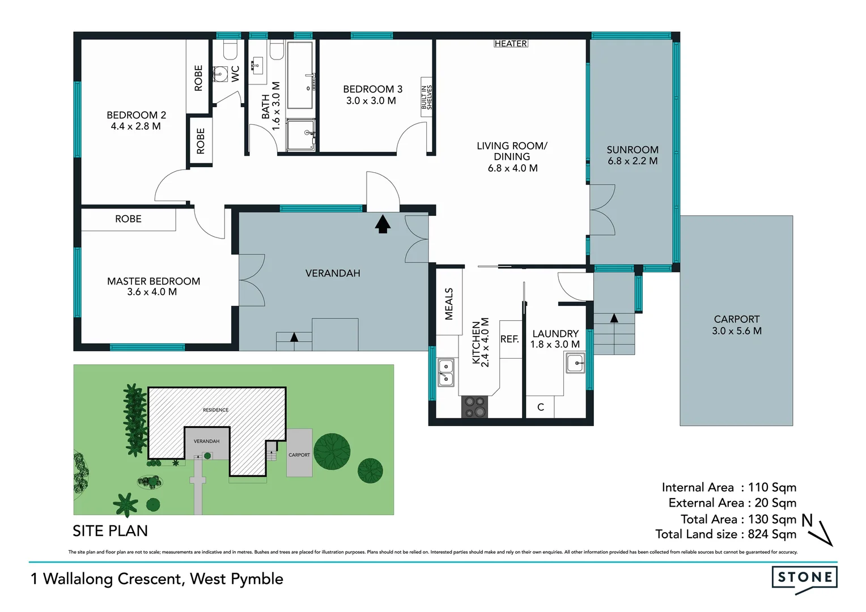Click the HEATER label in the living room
click(511, 44)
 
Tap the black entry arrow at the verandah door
click(383, 224)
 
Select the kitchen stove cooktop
click(475, 407)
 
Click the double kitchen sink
click(445, 372)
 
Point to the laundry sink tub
click(575, 363)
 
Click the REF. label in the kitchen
click(510, 339)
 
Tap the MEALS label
click(449, 304)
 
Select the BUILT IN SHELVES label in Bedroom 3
click(426, 97)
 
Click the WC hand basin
click(220, 73)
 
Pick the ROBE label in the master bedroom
click(128, 219)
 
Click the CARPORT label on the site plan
click(299, 455)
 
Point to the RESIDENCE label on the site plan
click(216, 410)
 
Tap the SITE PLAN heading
click(110, 531)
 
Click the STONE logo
click(804, 578)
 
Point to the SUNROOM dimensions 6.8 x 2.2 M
click(632, 161)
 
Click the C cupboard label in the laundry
click(541, 407)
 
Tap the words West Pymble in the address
click(236, 579)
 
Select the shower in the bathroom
click(300, 135)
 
